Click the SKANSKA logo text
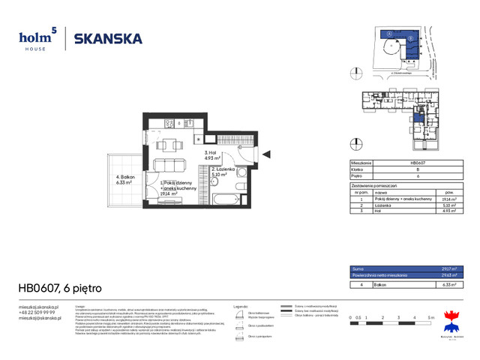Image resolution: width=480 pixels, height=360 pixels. click(x=108, y=39)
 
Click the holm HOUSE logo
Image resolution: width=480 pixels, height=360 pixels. click(x=37, y=39)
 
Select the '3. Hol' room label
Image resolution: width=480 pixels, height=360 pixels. click(x=211, y=154)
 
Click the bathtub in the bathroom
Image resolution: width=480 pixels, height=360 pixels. click(x=225, y=200)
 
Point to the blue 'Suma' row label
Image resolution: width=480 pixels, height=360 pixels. click(x=360, y=268)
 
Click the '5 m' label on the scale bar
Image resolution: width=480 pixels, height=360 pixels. click(x=430, y=318)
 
